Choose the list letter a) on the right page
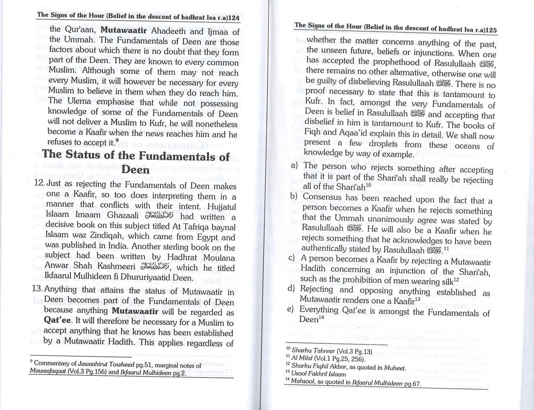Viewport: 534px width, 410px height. [294, 166]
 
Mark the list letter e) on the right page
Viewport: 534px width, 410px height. [294, 309]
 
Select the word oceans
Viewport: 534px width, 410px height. [466, 146]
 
